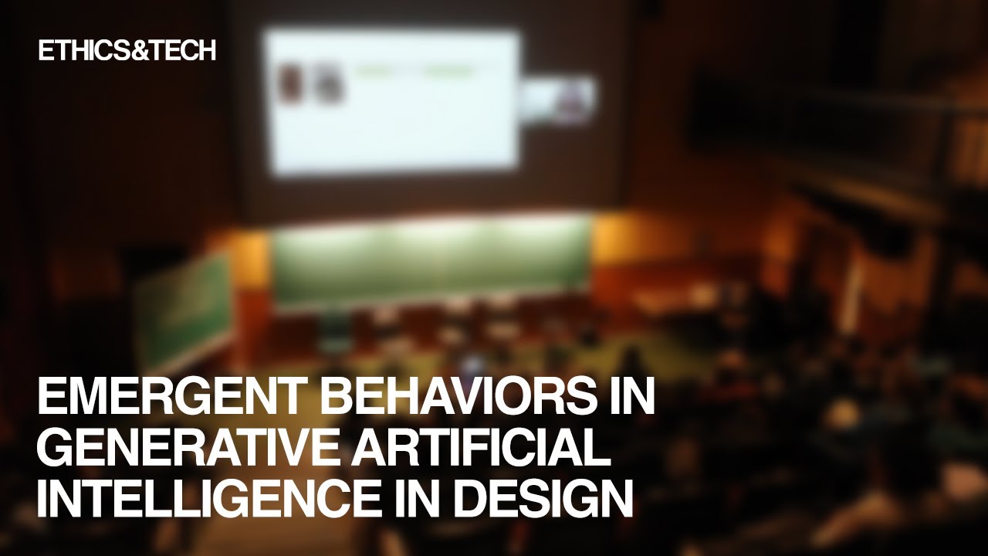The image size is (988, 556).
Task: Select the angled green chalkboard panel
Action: click(x=183, y=309)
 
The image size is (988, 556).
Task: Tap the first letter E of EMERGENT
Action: click(x=51, y=398)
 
